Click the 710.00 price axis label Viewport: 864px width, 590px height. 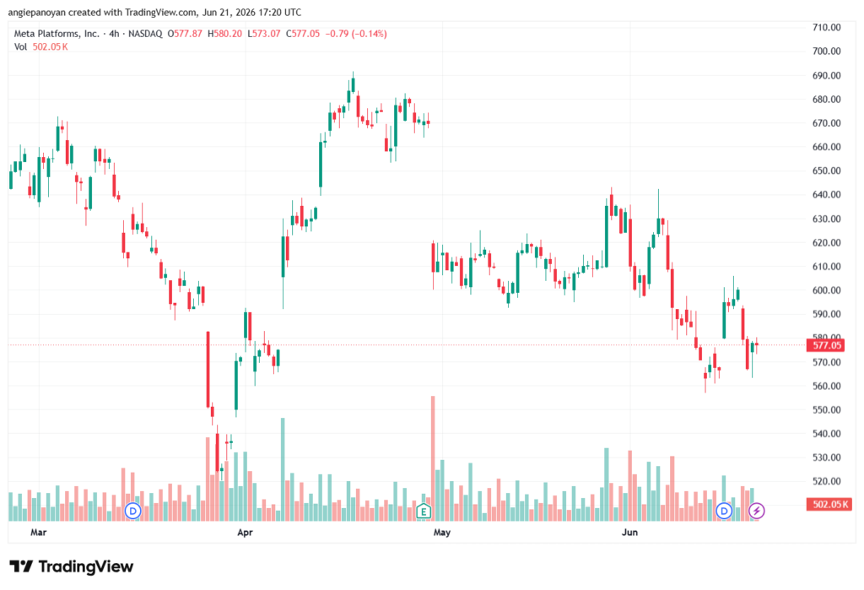pos(827,27)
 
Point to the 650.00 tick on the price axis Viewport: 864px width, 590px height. pos(827,171)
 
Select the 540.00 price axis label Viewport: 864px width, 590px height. pos(827,433)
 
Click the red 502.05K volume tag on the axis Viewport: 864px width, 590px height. pos(829,504)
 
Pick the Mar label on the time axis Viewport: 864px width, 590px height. pos(39,532)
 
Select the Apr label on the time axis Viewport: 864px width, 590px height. pos(246,532)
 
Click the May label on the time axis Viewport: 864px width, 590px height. pos(442,532)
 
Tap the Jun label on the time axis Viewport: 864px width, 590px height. pos(629,532)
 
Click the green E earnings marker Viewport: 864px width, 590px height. pos(424,512)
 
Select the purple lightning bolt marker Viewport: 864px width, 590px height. pos(757,512)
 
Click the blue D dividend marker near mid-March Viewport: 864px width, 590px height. pos(132,512)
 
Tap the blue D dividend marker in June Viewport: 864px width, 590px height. pos(724,512)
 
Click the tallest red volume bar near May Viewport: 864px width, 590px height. pos(433,458)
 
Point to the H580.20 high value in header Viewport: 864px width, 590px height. pos(224,34)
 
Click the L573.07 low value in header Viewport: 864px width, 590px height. pos(264,34)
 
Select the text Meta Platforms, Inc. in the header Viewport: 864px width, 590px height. pos(57,34)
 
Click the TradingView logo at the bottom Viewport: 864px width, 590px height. pos(72,566)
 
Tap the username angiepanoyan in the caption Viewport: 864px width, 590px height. pos(37,12)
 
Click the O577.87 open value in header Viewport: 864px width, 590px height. pos(185,34)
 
